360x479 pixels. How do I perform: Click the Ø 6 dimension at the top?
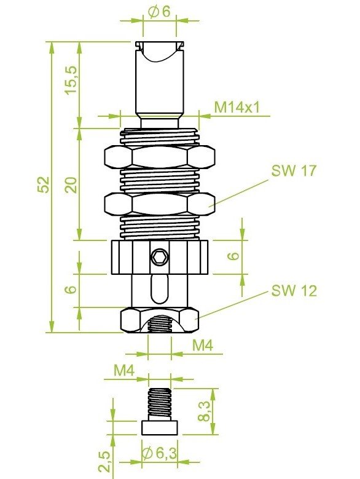158,11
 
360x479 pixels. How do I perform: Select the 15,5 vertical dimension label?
71,78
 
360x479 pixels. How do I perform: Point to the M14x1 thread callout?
237,107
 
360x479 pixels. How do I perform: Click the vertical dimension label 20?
71,184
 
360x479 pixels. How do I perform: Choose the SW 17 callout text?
294,171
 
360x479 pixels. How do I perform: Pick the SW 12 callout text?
294,290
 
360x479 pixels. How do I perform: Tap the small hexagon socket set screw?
160,257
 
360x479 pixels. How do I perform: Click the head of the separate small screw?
160,427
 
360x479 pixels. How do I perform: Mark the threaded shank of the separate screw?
160,403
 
